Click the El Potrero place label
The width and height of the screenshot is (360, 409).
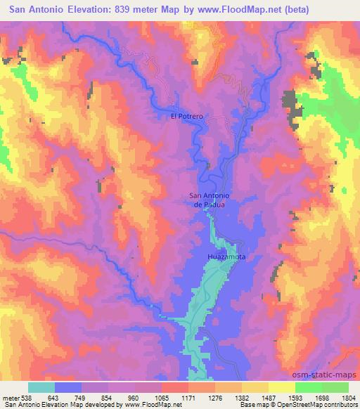pyautogui.click(x=187, y=117)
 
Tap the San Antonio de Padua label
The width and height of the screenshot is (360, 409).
pyautogui.click(x=208, y=200)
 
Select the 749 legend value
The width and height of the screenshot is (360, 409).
pyautogui.click(x=80, y=397)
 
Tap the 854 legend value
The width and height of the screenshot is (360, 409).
pyautogui.click(x=107, y=397)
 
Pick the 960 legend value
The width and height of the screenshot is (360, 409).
pyautogui.click(x=134, y=397)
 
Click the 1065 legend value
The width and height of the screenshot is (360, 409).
pyautogui.click(x=161, y=397)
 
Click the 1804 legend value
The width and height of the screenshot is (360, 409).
pyautogui.click(x=348, y=397)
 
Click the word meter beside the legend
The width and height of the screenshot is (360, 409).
pyautogui.click(x=10, y=397)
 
